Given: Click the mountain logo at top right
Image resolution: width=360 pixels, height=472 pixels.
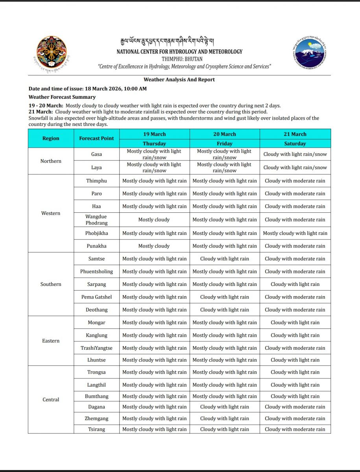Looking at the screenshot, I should [310, 53].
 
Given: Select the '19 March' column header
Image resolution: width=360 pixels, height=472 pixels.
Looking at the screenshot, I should [154, 134].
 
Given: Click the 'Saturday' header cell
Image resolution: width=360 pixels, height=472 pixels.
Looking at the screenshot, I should [295, 144].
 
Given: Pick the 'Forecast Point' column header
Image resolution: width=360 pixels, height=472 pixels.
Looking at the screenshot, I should [96, 138].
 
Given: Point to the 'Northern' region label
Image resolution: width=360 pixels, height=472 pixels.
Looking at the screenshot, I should [51, 161].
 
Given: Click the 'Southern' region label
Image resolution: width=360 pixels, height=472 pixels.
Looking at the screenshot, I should [51, 284].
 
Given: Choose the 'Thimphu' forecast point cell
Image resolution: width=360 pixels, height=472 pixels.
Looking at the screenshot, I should [96, 181].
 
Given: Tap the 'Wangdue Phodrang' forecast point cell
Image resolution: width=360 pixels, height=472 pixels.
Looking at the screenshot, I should [96, 219].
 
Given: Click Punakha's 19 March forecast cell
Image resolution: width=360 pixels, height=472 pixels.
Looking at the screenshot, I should [154, 246].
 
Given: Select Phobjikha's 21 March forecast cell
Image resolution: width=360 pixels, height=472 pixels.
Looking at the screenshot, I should [295, 233].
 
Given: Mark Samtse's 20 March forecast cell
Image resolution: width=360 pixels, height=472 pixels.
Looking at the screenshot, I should [224, 259].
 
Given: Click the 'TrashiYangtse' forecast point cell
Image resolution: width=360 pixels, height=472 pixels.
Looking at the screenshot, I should [96, 348].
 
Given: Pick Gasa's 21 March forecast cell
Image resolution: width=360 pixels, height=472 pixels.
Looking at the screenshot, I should [295, 154].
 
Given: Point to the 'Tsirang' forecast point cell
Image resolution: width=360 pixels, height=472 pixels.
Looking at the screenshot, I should [96, 429].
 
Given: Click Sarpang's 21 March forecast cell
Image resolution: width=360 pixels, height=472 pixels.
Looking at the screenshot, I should [295, 284].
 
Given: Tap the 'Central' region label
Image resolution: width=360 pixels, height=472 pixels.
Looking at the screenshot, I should [51, 400].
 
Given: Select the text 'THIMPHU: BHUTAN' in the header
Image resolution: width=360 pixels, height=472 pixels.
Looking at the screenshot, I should [179, 59].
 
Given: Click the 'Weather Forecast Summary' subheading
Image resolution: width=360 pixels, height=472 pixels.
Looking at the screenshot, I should [62, 97].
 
